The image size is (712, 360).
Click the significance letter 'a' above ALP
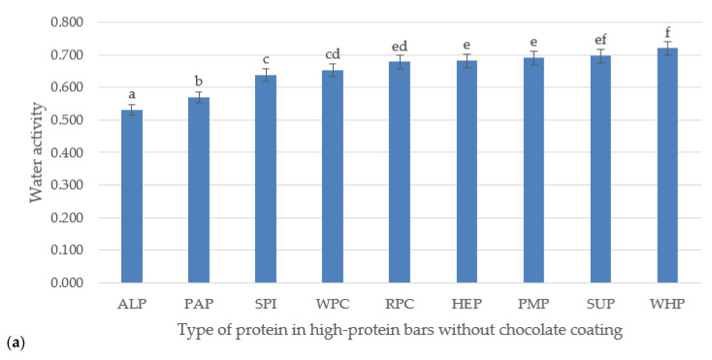pyautogui.click(x=132, y=94)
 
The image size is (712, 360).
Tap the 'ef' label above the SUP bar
pyautogui.click(x=600, y=39)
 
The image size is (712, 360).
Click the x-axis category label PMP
pyautogui.click(x=534, y=304)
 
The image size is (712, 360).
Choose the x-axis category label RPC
pyautogui.click(x=400, y=304)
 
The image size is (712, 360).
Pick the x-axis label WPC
pyautogui.click(x=333, y=304)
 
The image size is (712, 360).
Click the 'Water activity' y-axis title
pyautogui.click(x=36, y=152)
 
